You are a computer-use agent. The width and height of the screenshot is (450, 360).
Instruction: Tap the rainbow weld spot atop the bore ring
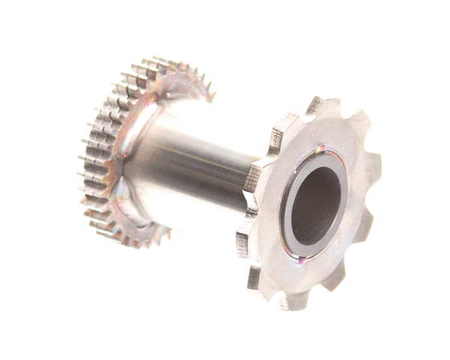320,149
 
